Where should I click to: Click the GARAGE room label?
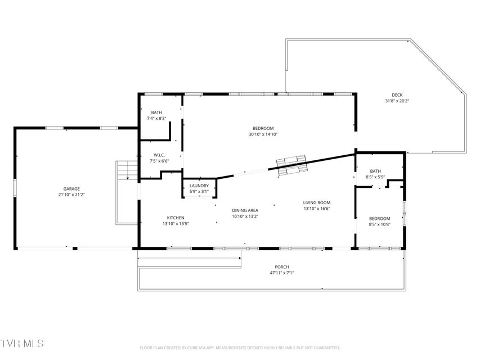[x=71, y=189]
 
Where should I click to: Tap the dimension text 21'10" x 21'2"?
[x=71, y=195]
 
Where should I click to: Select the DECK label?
[x=397, y=95]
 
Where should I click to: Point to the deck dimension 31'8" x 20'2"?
[x=397, y=101]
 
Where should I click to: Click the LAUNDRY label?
[x=199, y=186]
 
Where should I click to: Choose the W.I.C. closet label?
[x=159, y=155]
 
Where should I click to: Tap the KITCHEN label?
[x=176, y=218]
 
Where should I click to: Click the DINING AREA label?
[x=245, y=210]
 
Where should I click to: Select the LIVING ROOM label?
[x=317, y=202]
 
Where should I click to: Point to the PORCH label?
[x=281, y=267]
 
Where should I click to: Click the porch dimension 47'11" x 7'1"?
[x=281, y=273]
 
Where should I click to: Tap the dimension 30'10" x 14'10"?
[x=263, y=134]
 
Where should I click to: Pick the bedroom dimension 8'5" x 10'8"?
[x=380, y=224]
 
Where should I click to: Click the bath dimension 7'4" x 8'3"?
[x=156, y=118]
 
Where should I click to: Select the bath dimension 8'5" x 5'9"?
[x=375, y=177]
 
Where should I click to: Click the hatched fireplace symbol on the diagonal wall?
[x=291, y=165]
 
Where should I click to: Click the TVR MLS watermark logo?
[x=22, y=343]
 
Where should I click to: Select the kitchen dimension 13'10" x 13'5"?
[x=176, y=224]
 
